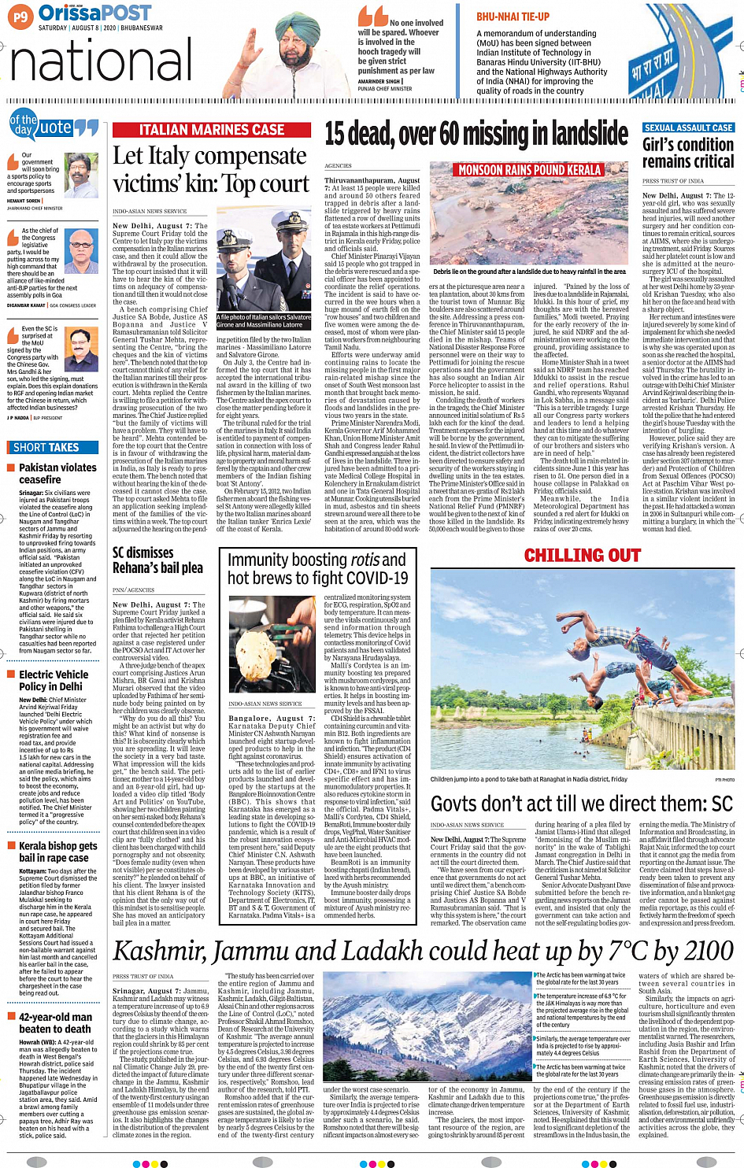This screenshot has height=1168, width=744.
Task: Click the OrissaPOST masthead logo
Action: click(94, 13)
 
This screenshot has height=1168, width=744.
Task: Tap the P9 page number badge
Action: click(20, 16)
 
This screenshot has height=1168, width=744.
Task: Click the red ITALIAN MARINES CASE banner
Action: click(212, 130)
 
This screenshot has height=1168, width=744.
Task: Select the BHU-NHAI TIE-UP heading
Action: click(513, 17)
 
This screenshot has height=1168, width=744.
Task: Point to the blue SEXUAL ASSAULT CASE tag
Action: click(688, 128)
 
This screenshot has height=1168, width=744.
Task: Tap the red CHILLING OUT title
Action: click(582, 556)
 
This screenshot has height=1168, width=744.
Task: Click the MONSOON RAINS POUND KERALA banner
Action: click(529, 170)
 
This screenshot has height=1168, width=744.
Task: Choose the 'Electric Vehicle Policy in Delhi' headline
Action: click(54, 680)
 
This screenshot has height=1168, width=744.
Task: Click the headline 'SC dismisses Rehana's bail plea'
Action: click(157, 560)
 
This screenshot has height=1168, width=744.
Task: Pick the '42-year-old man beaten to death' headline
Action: click(55, 1022)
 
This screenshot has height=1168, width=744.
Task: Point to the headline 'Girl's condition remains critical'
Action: click(688, 153)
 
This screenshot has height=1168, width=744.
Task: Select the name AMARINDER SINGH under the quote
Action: click(379, 81)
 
